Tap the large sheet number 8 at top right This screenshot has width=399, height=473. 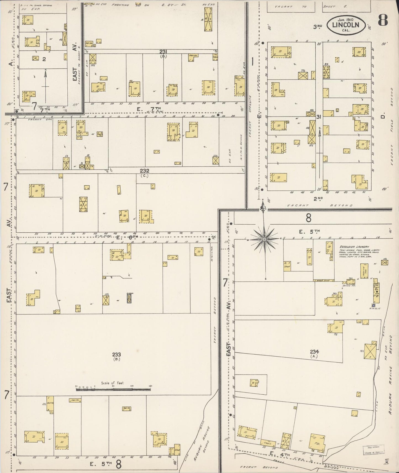pyautogui.click(x=383, y=20)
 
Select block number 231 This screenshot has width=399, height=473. pyautogui.click(x=163, y=52)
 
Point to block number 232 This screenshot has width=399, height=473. pyautogui.click(x=144, y=171)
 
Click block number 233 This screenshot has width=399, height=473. pyautogui.click(x=116, y=355)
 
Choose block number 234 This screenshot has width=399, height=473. pyautogui.click(x=314, y=352)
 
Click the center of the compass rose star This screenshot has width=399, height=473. pyautogui.click(x=264, y=239)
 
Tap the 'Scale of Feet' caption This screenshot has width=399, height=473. pyautogui.click(x=112, y=383)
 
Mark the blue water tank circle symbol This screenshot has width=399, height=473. pyautogui.click(x=373, y=305)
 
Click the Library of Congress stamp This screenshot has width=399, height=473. pyautogui.click(x=371, y=449)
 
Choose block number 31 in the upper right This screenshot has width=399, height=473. pyautogui.click(x=319, y=117)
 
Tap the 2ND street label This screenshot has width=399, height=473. pyautogui.click(x=318, y=198)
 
